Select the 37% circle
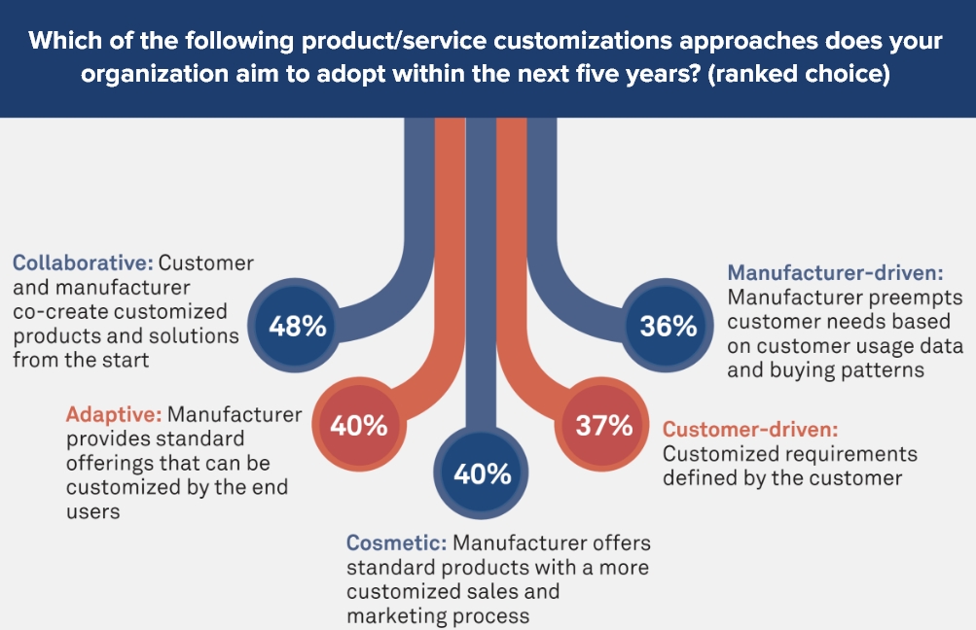[x=604, y=426]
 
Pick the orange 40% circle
[x=359, y=426]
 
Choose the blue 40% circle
[x=483, y=474]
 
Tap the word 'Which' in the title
[x=63, y=42]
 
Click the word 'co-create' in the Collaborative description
[x=54, y=312]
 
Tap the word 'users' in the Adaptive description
[x=94, y=511]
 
